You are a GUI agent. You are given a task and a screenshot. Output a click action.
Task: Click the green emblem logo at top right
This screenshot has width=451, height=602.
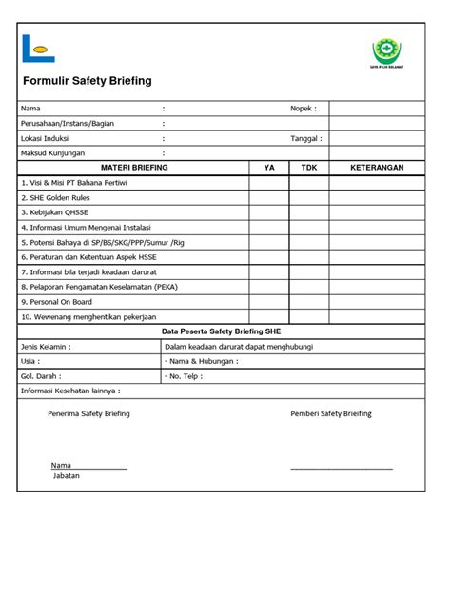click(385, 50)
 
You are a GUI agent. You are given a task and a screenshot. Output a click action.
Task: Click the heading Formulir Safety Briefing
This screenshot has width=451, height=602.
click(86, 82)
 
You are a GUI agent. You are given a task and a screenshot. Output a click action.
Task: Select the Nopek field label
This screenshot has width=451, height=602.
click(303, 108)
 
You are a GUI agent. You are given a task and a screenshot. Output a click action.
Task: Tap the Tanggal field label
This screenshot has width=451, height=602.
click(305, 137)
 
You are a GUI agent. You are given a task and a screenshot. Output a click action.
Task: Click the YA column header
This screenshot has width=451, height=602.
click(269, 167)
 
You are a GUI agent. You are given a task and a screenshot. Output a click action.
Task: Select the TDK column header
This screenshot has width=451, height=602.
click(308, 167)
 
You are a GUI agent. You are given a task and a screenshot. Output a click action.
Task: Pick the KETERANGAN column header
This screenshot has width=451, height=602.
click(377, 167)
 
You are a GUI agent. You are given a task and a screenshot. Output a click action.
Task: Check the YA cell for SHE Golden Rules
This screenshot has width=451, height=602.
click(269, 197)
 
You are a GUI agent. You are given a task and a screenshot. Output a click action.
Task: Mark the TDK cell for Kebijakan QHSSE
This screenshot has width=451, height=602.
click(308, 212)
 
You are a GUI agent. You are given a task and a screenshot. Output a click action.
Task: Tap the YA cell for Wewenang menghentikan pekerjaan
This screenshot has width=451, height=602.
click(269, 316)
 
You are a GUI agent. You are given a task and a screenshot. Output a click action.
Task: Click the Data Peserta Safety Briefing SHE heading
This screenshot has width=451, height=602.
click(220, 331)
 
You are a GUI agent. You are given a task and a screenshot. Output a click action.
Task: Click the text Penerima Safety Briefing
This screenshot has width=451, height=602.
click(88, 413)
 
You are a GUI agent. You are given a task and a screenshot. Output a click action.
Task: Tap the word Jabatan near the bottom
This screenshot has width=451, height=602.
click(67, 474)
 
